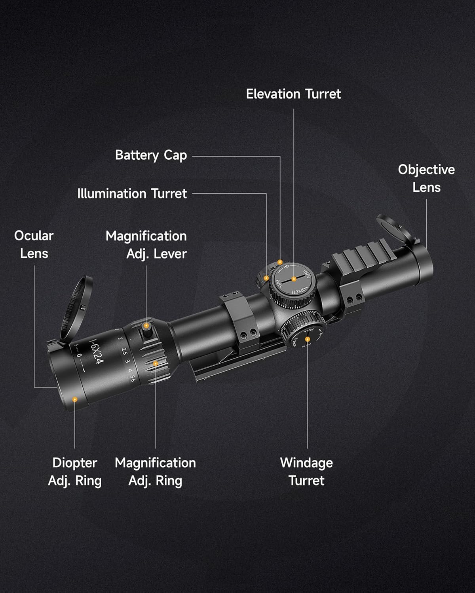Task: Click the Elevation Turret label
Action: click(x=293, y=94)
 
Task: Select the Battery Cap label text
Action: click(x=151, y=155)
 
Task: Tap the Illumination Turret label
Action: click(x=132, y=194)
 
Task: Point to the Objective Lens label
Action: click(x=426, y=178)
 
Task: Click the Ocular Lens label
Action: click(x=34, y=244)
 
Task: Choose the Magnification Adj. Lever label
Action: click(x=146, y=245)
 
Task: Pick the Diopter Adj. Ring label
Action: click(x=75, y=472)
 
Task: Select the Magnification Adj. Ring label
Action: click(x=155, y=472)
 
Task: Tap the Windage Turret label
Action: click(x=306, y=472)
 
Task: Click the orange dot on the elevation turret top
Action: click(x=294, y=279)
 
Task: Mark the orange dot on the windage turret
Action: click(x=308, y=339)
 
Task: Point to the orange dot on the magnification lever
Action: click(x=146, y=326)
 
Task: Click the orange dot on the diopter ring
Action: click(x=74, y=399)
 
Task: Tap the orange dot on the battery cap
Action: click(x=280, y=262)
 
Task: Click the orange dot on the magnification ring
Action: click(x=156, y=363)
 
